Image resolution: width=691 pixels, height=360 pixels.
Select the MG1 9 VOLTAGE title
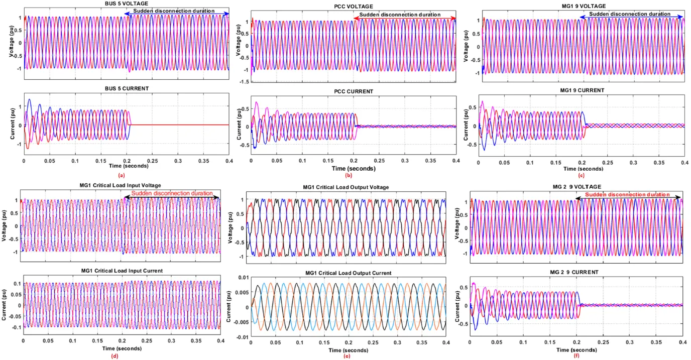point(582,6)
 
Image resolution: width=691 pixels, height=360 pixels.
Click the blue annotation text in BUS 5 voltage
point(174,11)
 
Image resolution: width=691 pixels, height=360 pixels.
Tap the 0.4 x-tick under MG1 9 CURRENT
point(684,163)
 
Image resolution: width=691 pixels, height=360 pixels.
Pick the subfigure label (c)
point(581,175)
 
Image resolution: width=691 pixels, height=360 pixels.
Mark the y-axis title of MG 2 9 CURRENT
point(458,304)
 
